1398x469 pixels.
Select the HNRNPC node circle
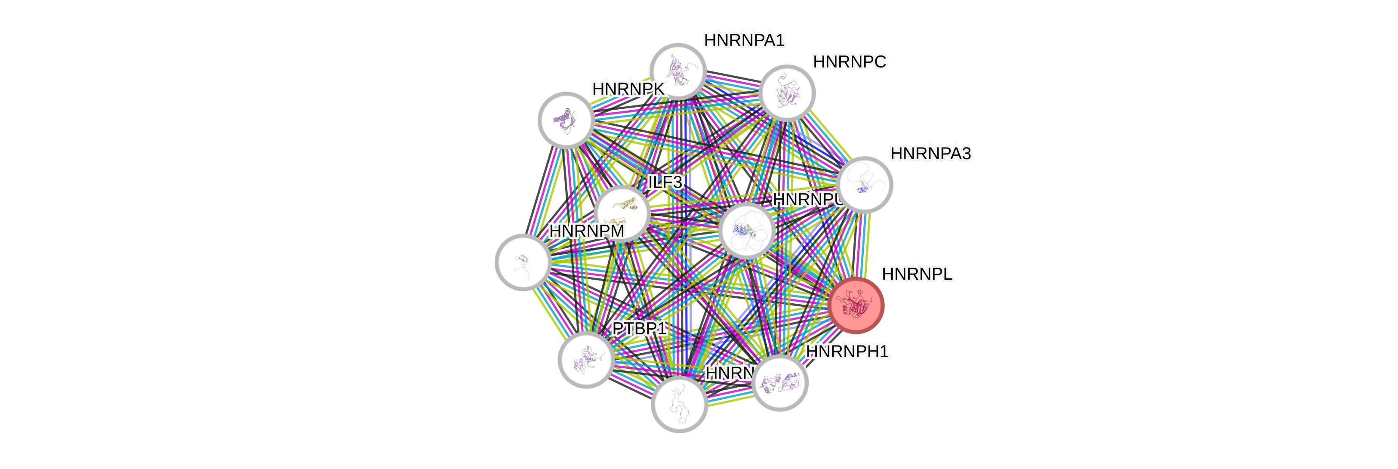[787, 93]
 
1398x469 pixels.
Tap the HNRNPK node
[566, 120]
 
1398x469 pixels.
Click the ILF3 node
[622, 213]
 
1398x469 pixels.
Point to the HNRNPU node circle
[747, 231]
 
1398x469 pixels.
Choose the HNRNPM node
[523, 262]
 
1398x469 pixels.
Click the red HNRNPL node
[856, 305]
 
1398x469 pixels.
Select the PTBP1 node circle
[586, 359]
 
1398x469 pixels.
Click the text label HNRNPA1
[744, 40]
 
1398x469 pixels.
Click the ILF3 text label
[665, 182]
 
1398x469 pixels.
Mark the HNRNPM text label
[586, 231]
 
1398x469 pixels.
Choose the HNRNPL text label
[917, 275]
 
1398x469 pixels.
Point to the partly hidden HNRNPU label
[807, 200]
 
